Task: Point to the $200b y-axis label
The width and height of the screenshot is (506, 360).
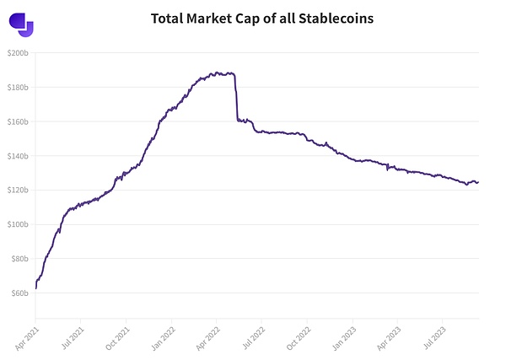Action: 19,53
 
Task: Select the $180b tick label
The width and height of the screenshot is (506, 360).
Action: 19,87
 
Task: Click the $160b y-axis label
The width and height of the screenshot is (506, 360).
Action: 19,121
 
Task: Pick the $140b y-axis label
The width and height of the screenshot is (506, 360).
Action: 19,156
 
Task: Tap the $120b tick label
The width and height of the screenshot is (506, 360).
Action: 19,190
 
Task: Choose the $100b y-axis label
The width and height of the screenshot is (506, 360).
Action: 19,224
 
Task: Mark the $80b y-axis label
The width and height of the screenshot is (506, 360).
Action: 20,259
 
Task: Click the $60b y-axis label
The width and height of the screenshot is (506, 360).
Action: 20,293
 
